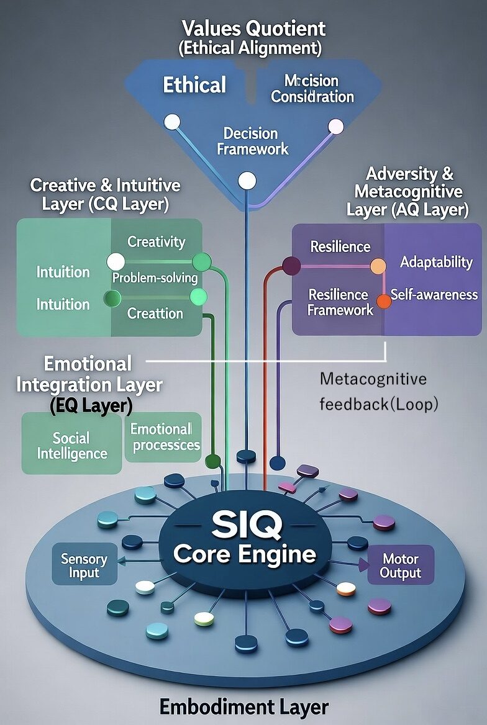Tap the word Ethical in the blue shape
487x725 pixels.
[x=194, y=85]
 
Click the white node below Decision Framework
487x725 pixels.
[x=247, y=181]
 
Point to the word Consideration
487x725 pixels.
[x=312, y=97]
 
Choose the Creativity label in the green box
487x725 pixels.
[x=156, y=241]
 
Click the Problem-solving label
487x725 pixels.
[x=155, y=277]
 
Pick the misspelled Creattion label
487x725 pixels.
[x=155, y=313]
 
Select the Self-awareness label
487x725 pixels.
[x=434, y=295]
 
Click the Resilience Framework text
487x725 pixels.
[x=340, y=302]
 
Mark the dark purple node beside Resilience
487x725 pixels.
[x=291, y=266]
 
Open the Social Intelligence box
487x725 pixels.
[x=71, y=445]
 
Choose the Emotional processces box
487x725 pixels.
[x=163, y=437]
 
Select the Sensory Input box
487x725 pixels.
[x=84, y=565]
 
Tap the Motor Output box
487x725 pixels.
[x=401, y=565]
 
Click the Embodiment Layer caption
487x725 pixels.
[x=243, y=706]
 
